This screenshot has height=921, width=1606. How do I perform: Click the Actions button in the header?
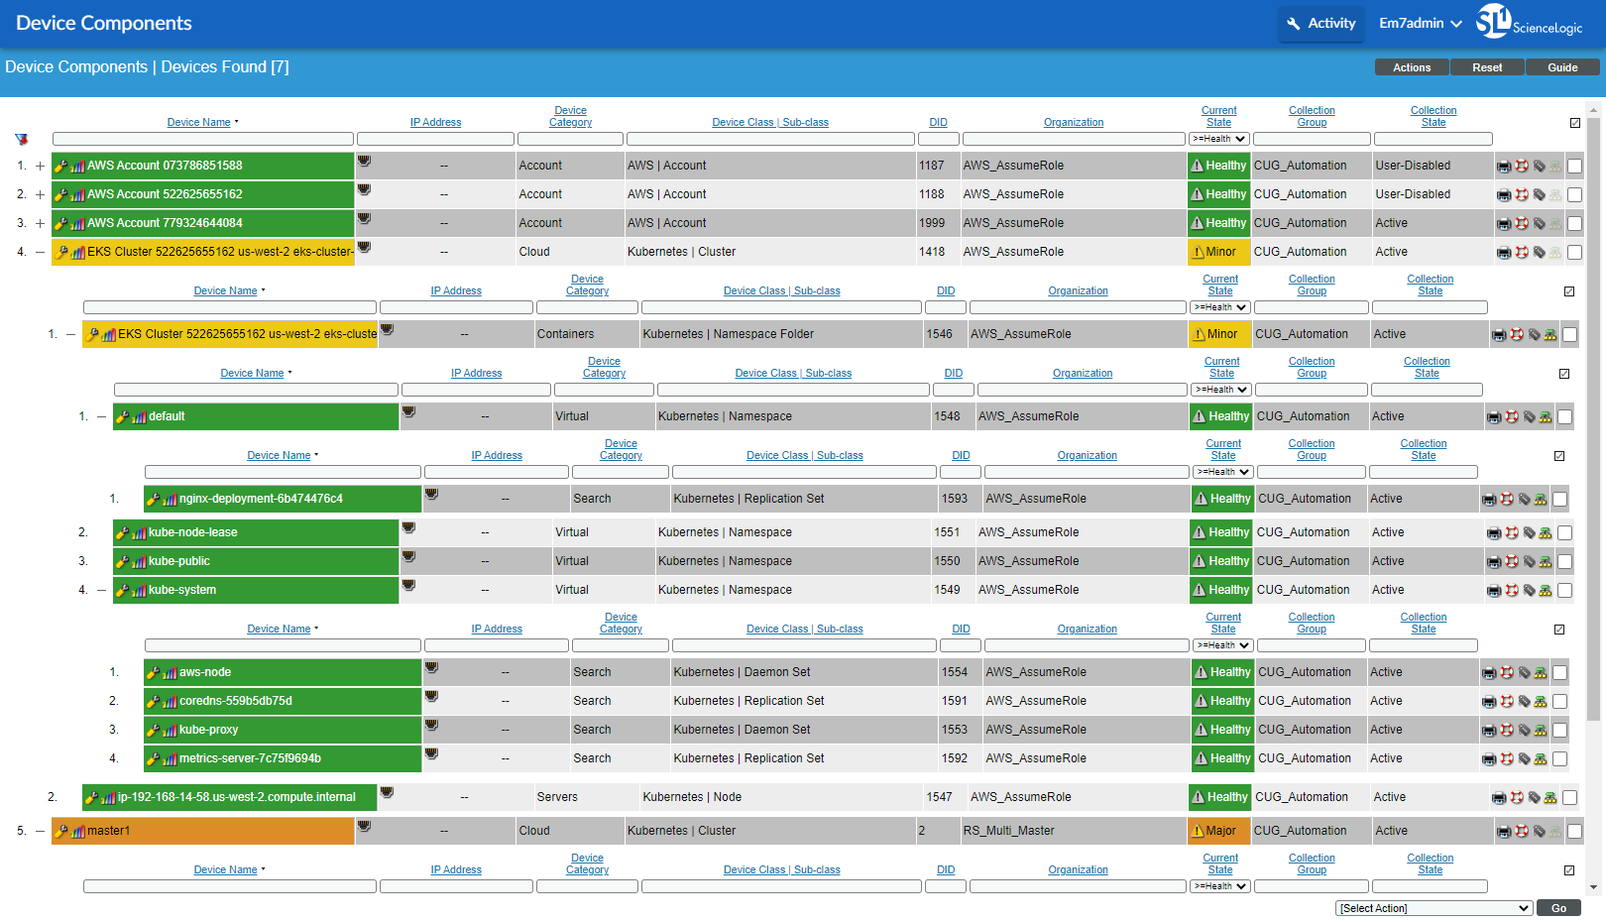pyautogui.click(x=1412, y=67)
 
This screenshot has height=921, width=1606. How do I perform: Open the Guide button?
pyautogui.click(x=1562, y=67)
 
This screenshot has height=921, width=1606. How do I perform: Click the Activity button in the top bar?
pyautogui.click(x=1320, y=23)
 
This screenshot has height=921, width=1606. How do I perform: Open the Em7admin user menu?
pyautogui.click(x=1420, y=23)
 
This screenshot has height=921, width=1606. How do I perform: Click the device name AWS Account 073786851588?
pyautogui.click(x=165, y=166)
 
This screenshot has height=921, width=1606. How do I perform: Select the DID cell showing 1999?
pyautogui.click(x=932, y=223)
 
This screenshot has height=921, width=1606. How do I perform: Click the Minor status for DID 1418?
pyautogui.click(x=1217, y=252)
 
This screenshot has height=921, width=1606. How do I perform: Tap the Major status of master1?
pyautogui.click(x=1217, y=831)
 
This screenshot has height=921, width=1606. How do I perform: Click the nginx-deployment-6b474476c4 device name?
pyautogui.click(x=261, y=499)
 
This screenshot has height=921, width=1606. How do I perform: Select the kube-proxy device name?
pyautogui.click(x=208, y=730)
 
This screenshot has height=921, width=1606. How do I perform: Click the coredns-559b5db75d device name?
pyautogui.click(x=236, y=701)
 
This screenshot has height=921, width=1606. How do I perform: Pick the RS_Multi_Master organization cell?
pyautogui.click(x=1008, y=831)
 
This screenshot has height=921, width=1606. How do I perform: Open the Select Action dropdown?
pyautogui.click(x=1434, y=908)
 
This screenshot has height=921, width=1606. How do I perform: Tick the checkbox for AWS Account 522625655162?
pyautogui.click(x=1574, y=195)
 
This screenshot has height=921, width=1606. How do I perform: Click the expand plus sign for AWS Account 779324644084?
pyautogui.click(x=40, y=223)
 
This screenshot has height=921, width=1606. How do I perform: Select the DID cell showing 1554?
pyautogui.click(x=954, y=672)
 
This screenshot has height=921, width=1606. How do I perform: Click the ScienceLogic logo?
pyautogui.click(x=1529, y=22)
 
